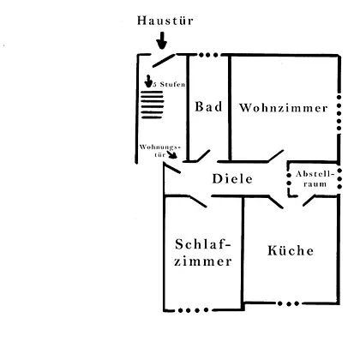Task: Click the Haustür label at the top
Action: pyautogui.click(x=165, y=21)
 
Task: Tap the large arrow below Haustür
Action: pyautogui.click(x=162, y=40)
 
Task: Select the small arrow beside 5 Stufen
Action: pyautogui.click(x=148, y=81)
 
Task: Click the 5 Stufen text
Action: pyautogui.click(x=169, y=84)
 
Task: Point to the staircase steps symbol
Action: pyautogui.click(x=153, y=105)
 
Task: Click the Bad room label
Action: pyautogui.click(x=208, y=106)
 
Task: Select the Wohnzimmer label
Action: pyautogui.click(x=283, y=108)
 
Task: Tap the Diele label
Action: pyautogui.click(x=232, y=179)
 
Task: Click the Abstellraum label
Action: pyautogui.click(x=315, y=179)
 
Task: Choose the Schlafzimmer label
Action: pyautogui.click(x=203, y=253)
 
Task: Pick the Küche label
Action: pyautogui.click(x=291, y=250)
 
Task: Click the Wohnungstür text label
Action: pyautogui.click(x=160, y=151)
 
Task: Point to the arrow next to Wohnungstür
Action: pyautogui.click(x=172, y=154)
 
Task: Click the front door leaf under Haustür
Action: pyautogui.click(x=164, y=61)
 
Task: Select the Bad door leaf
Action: pyautogui.click(x=203, y=155)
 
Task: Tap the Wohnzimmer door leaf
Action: pyautogui.click(x=276, y=156)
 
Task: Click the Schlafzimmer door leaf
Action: pyautogui.click(x=198, y=201)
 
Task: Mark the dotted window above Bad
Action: pyautogui.click(x=208, y=55)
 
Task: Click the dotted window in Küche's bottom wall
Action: pyautogui.click(x=289, y=303)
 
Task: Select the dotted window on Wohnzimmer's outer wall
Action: pyautogui.click(x=339, y=113)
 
